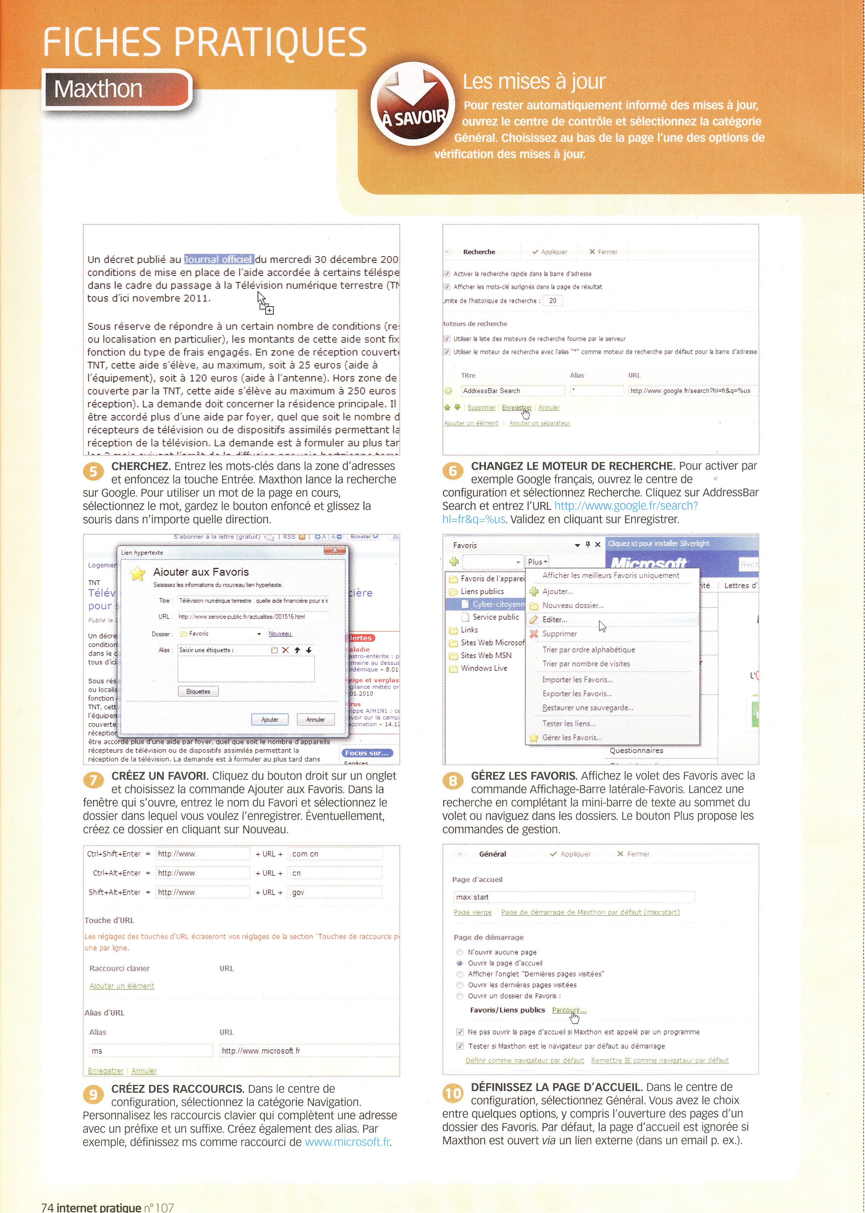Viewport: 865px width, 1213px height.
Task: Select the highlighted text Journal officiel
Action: coord(218,260)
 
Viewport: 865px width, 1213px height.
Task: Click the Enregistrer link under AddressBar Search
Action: coord(516,408)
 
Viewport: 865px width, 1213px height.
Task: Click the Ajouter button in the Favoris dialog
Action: coord(269,720)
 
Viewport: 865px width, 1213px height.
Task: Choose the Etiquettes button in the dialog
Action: coord(198,692)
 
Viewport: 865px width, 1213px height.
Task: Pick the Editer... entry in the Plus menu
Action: coord(555,620)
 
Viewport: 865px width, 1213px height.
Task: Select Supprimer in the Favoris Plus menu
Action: coord(559,634)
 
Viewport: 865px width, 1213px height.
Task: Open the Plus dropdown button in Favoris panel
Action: coord(537,562)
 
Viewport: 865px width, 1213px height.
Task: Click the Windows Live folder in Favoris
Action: coord(484,668)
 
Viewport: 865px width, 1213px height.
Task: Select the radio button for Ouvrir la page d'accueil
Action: coord(460,963)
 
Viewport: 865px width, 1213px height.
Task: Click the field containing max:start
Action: coord(573,897)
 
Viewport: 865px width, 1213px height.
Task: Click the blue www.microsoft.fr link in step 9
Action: coord(347,1142)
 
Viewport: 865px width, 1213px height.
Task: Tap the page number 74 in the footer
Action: coord(47,1208)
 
